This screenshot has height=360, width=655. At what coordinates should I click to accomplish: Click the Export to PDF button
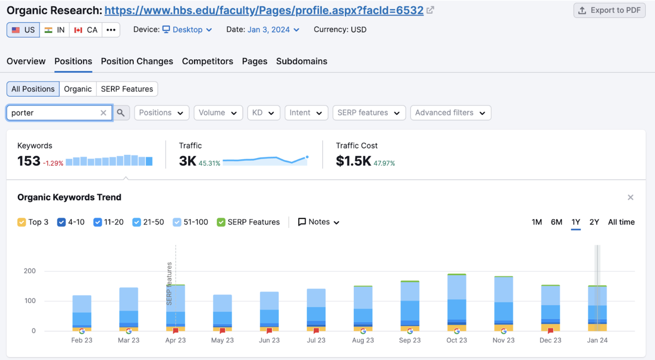[609, 11]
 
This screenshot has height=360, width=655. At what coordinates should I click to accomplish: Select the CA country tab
[86, 30]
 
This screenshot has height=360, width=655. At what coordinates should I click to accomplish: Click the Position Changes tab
[137, 61]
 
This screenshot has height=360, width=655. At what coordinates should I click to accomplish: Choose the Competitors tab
[207, 61]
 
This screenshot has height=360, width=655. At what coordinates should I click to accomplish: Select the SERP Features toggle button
[127, 89]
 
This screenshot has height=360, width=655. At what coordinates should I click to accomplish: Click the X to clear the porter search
[103, 113]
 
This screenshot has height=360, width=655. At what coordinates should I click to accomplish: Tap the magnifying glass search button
[121, 113]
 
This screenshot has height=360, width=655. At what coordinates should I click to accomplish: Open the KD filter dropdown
[263, 113]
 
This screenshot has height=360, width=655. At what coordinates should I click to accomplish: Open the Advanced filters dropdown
[450, 113]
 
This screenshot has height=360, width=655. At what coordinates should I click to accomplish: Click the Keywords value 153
[29, 161]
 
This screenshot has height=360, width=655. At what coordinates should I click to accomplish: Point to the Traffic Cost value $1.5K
[353, 161]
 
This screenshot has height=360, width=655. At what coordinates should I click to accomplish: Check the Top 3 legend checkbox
[22, 222]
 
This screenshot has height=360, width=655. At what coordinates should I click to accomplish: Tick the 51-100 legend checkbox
[177, 222]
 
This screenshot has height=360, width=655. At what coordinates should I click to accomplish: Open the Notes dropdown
[319, 222]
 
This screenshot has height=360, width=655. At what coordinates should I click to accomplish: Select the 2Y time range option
[594, 222]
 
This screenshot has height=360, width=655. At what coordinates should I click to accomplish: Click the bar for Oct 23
[457, 302]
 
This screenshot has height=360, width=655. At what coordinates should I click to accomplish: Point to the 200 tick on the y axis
[30, 271]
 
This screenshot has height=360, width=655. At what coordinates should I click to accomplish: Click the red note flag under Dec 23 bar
[550, 331]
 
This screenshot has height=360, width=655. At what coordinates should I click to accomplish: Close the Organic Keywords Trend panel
[630, 198]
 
